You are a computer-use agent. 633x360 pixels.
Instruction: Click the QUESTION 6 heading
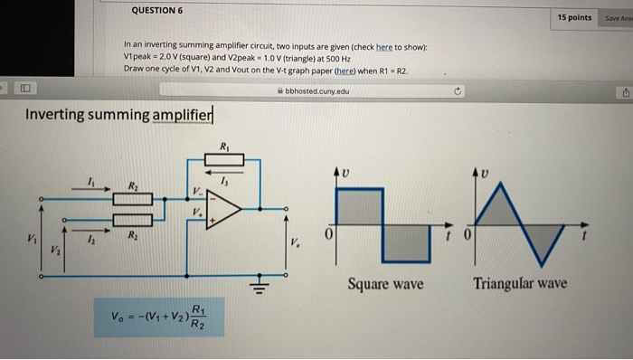[156, 10]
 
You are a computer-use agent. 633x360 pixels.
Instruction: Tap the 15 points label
[574, 17]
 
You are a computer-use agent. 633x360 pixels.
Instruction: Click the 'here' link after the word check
[384, 46]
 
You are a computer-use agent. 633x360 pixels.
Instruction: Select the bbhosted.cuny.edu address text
[316, 90]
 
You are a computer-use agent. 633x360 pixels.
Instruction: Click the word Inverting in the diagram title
[59, 115]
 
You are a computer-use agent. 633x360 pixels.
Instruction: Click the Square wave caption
[386, 284]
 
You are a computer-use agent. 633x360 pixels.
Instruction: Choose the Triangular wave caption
[521, 284]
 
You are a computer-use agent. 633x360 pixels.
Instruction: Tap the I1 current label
[90, 182]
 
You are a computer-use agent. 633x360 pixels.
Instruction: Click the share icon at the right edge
[624, 91]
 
